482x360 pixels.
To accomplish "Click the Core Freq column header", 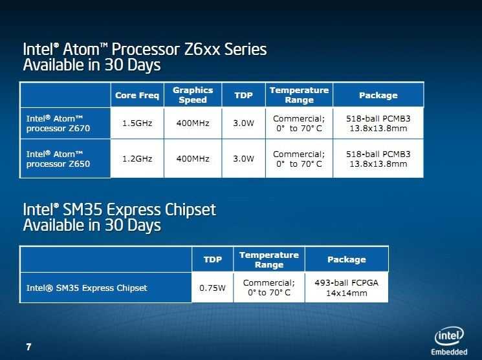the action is click(x=137, y=95).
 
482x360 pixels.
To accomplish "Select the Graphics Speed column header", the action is click(x=193, y=95).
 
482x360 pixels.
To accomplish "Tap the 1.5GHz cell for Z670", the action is click(x=137, y=123).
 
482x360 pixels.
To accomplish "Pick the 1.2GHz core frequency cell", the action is click(x=137, y=159).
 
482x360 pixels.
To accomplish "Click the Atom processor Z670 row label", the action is click(x=58, y=123).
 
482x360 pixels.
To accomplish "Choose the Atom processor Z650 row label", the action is click(x=58, y=159).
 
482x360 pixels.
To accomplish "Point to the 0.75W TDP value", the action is click(x=212, y=288).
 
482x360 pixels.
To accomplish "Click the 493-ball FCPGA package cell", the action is click(x=346, y=288).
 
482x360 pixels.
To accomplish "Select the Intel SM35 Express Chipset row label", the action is click(x=87, y=288).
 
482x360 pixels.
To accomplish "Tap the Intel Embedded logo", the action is click(x=449, y=341).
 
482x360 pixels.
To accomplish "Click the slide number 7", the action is click(x=28, y=347).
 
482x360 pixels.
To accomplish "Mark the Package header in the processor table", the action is click(x=378, y=95).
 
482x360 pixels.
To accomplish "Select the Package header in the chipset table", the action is click(x=346, y=260).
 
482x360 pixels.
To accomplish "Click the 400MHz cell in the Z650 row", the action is click(x=193, y=159).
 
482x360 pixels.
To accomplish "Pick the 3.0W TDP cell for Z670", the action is click(x=243, y=123).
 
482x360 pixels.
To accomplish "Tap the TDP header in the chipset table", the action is click(x=212, y=260).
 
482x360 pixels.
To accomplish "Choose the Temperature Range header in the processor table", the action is click(x=299, y=95).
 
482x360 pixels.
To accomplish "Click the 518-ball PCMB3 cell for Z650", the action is click(x=378, y=159).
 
